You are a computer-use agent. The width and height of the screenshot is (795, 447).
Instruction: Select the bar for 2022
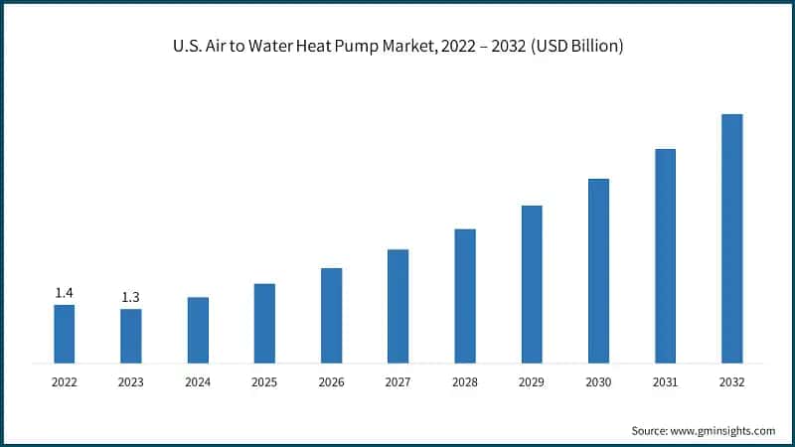click(64, 334)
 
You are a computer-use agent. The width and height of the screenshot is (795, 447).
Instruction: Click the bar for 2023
click(130, 336)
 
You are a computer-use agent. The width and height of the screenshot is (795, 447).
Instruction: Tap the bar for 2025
click(264, 323)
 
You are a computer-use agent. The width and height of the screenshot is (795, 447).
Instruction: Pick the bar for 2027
click(397, 306)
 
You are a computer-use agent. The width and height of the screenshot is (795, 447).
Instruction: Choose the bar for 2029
click(532, 284)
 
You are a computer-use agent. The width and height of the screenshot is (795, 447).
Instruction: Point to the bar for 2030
click(598, 270)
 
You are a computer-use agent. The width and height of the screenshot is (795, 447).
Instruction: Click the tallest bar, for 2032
click(731, 238)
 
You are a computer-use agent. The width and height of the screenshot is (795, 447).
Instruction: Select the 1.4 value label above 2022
click(64, 292)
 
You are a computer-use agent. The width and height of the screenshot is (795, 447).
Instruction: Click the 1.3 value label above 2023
click(130, 297)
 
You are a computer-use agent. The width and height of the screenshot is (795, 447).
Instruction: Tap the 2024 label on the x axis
click(198, 381)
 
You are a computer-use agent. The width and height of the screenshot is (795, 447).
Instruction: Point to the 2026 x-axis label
click(331, 381)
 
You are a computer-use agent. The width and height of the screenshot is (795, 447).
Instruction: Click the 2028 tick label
click(465, 381)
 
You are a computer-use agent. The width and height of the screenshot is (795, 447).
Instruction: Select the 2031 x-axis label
click(665, 381)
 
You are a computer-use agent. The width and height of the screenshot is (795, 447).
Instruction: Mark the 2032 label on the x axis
click(731, 381)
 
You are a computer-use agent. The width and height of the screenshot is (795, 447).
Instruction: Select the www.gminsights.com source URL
click(724, 430)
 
